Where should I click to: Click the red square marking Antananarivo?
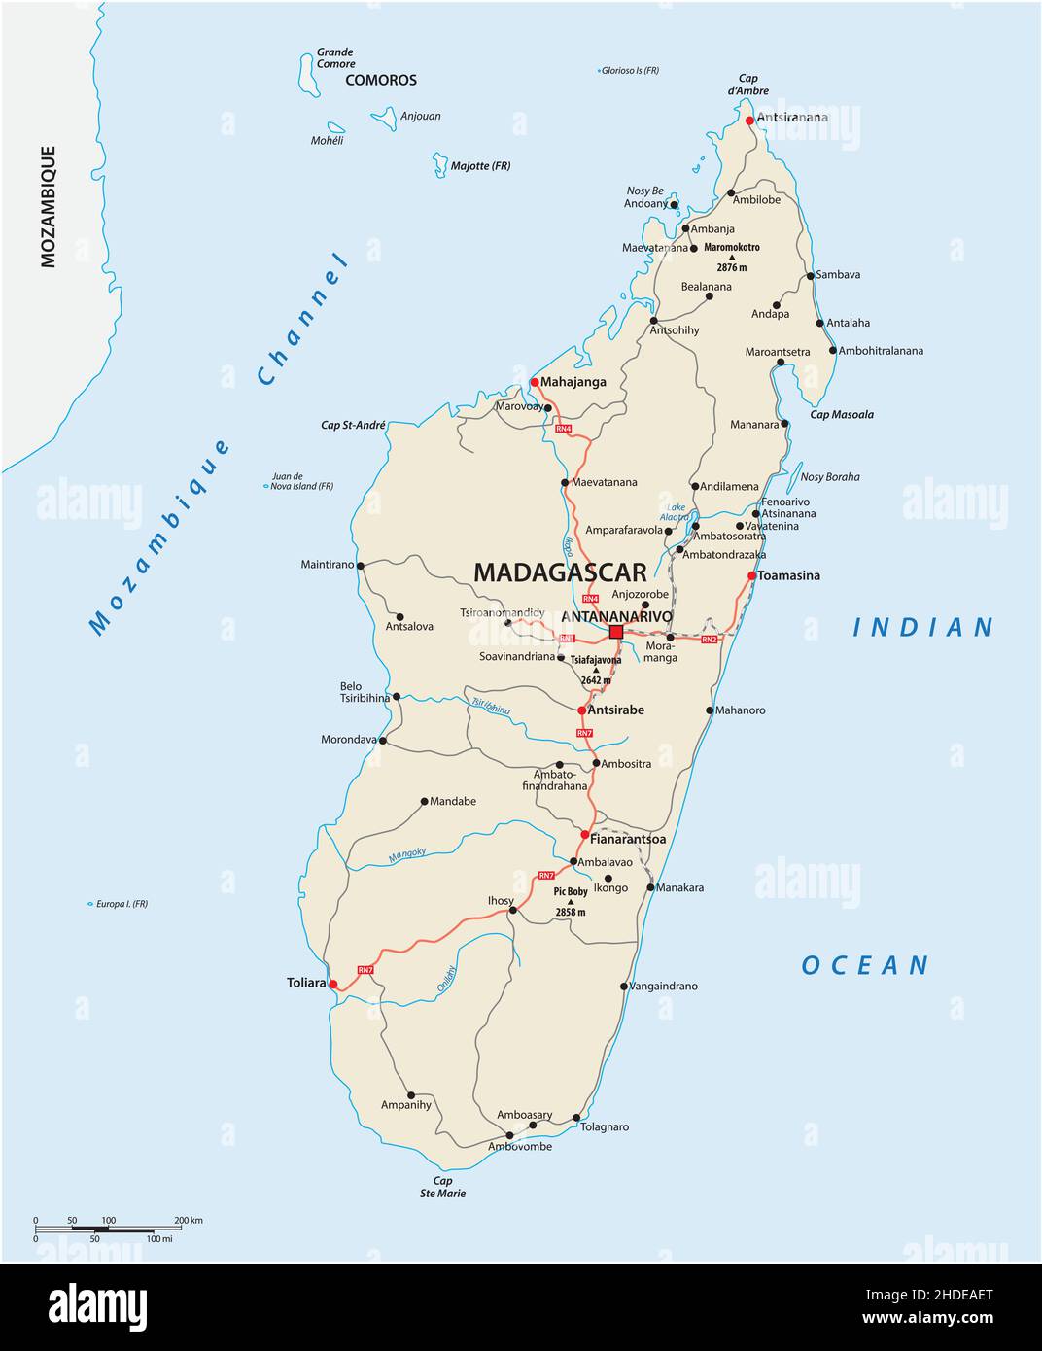pyautogui.click(x=615, y=632)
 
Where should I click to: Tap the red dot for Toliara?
pyautogui.click(x=333, y=985)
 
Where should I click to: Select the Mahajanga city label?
pyautogui.click(x=573, y=382)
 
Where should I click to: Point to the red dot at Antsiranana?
pyautogui.click(x=749, y=121)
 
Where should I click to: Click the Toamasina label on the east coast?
pyautogui.click(x=789, y=575)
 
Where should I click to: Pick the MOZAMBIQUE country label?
pyautogui.click(x=48, y=206)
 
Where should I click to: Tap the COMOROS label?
pyautogui.click(x=381, y=81)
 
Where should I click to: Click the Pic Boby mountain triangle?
pyautogui.click(x=572, y=902)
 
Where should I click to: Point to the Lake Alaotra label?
pyautogui.click(x=675, y=512)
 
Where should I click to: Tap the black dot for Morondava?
pyautogui.click(x=382, y=741)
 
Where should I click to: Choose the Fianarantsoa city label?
pyautogui.click(x=628, y=838)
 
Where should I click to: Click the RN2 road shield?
pyautogui.click(x=709, y=640)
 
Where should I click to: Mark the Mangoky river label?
pyautogui.click(x=407, y=855)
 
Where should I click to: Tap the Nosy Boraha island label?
pyautogui.click(x=829, y=477)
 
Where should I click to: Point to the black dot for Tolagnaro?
pyautogui.click(x=576, y=1118)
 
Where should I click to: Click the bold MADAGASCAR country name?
pyautogui.click(x=560, y=572)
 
